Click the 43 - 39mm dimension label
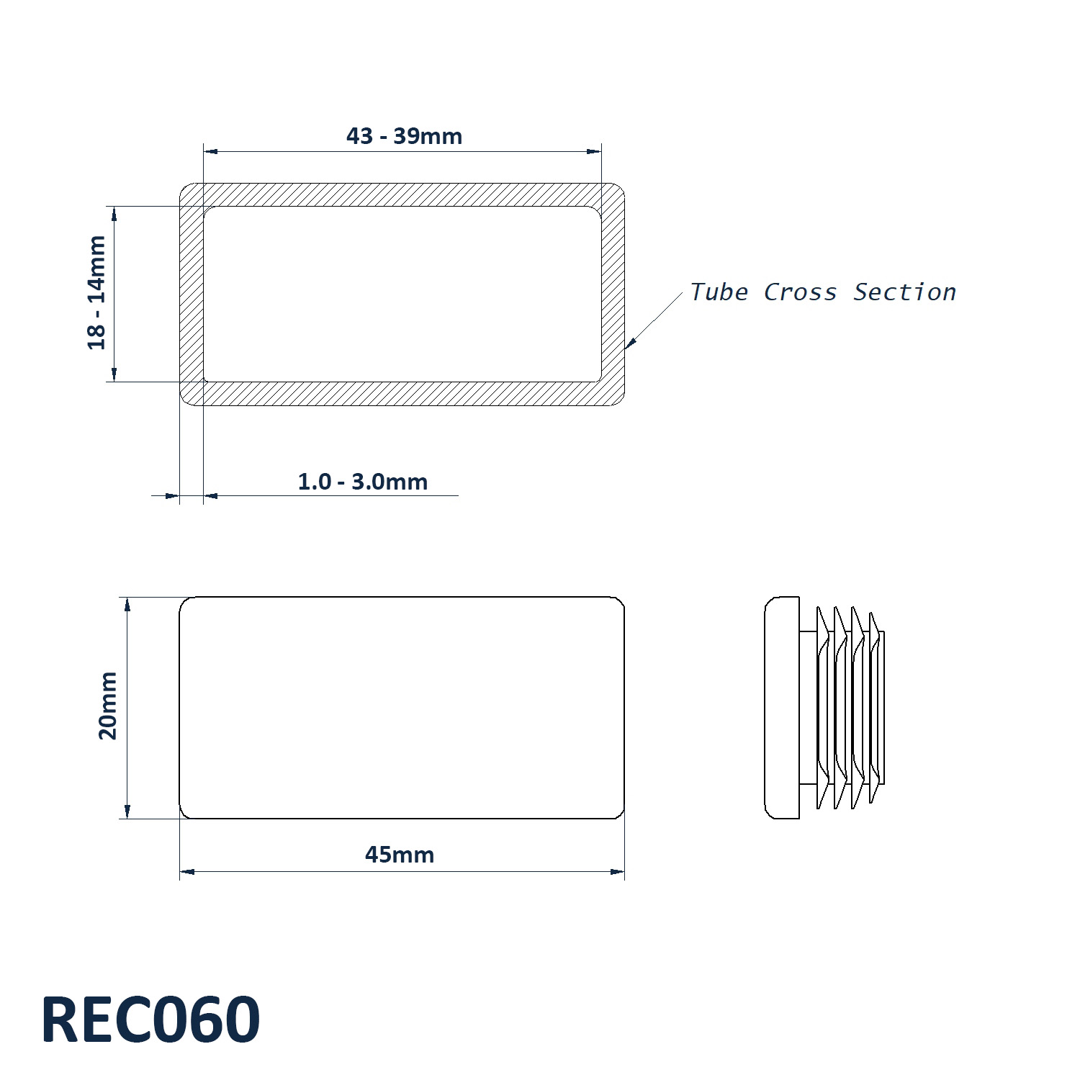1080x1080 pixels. [404, 135]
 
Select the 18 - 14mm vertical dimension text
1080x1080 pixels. [96, 292]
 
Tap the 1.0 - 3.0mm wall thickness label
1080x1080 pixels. [363, 481]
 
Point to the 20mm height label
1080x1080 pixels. [108, 706]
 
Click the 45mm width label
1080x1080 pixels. [400, 855]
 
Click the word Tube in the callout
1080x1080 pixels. [719, 292]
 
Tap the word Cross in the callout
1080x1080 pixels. [800, 292]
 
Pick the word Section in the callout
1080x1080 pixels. [905, 292]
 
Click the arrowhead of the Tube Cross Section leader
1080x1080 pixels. [630, 343]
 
